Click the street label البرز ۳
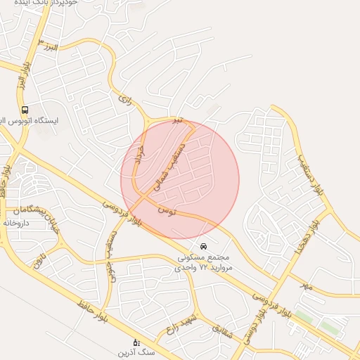(x=50, y=48)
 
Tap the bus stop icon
(x=25, y=110)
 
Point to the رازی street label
(x=126, y=101)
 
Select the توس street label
(x=167, y=210)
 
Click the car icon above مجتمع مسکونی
(x=203, y=247)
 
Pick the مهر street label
(x=304, y=286)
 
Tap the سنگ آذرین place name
(x=136, y=352)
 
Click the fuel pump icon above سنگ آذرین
(x=136, y=342)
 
